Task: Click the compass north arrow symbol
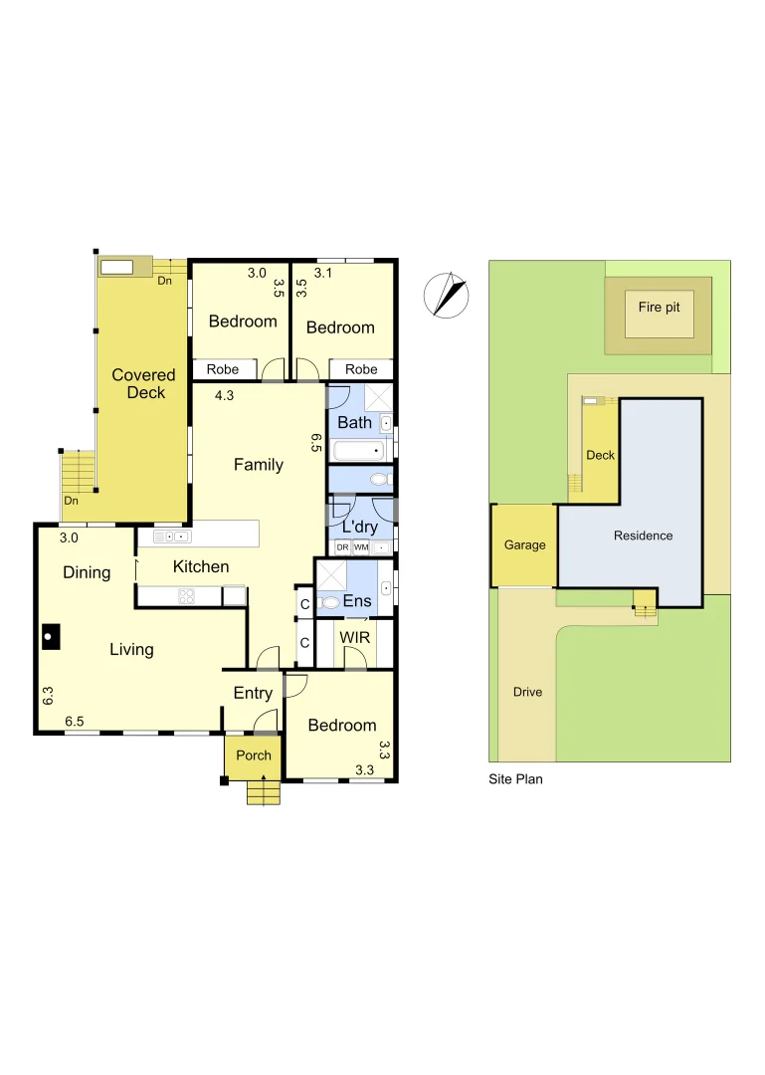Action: [x=446, y=295]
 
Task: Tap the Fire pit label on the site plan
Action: [x=659, y=307]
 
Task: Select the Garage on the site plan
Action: [x=524, y=545]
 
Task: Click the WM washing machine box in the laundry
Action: [x=361, y=547]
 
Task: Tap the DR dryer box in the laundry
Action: [x=342, y=547]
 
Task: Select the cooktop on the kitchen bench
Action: [x=186, y=596]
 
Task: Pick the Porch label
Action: [x=254, y=755]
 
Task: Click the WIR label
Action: [x=354, y=636]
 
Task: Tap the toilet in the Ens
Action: [x=329, y=603]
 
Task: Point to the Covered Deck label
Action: [x=143, y=383]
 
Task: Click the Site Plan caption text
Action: [x=515, y=779]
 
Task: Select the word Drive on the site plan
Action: [x=527, y=692]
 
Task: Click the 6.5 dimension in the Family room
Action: [x=316, y=444]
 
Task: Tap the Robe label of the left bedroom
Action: [x=223, y=369]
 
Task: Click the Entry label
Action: [x=253, y=693]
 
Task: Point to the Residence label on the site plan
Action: [x=643, y=536]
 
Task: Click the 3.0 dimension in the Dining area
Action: [x=68, y=537]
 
